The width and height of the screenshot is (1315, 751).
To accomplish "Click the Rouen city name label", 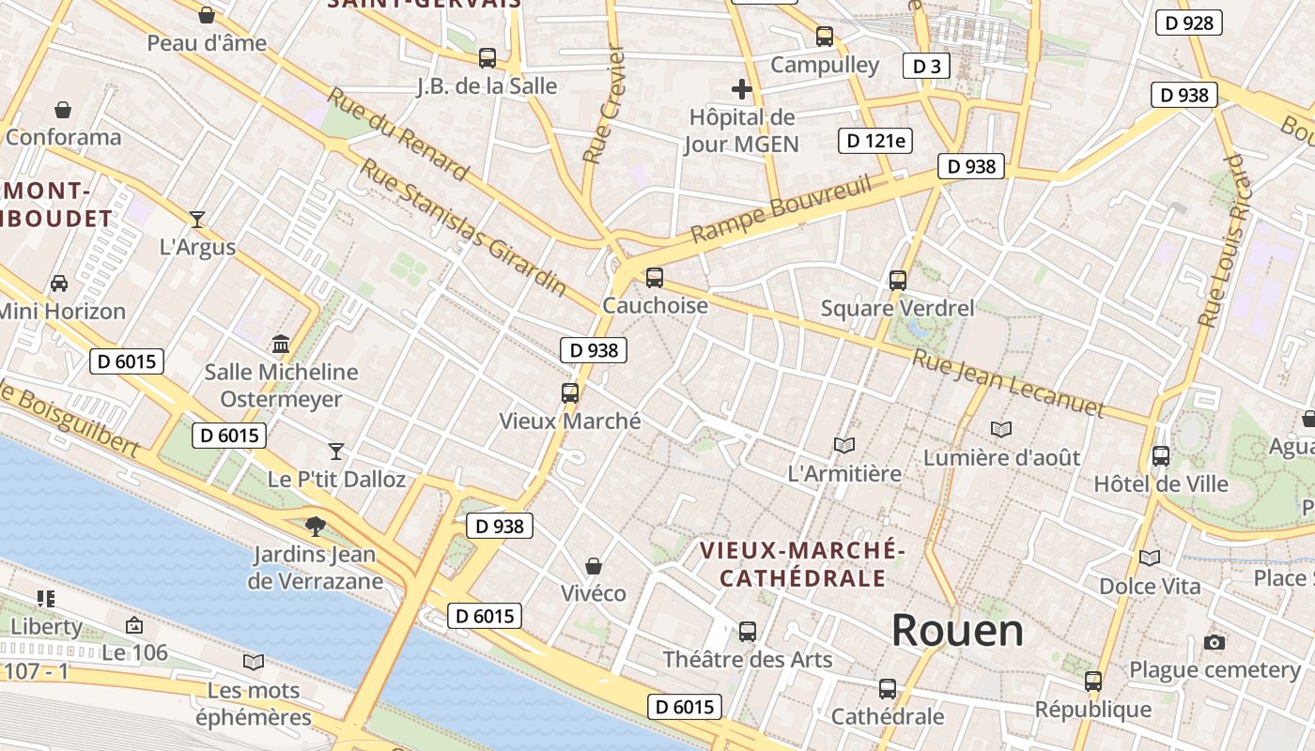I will [957, 630].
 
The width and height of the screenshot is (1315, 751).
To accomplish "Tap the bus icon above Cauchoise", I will [655, 278].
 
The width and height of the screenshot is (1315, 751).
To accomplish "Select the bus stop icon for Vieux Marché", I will [570, 393].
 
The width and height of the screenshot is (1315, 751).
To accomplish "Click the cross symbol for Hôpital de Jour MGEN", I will [742, 90].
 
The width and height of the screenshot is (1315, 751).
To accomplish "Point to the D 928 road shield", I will [1188, 23].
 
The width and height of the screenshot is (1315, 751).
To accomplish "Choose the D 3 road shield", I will [926, 66].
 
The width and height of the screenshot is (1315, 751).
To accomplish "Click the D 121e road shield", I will [875, 141].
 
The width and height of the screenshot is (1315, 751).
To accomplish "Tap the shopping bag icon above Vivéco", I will [594, 566].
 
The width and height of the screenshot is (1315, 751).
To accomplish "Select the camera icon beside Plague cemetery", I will [1214, 643].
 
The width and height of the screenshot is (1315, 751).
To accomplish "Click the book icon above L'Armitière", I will [844, 446].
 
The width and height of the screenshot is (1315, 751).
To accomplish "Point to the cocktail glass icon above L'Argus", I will [196, 220].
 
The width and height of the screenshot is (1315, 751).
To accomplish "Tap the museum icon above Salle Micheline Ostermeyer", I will [280, 344].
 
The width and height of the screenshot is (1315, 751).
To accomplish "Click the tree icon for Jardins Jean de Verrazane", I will [316, 526].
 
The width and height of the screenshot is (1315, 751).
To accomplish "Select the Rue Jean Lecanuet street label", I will [1008, 383].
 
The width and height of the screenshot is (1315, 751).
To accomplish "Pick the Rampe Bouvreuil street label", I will [781, 207].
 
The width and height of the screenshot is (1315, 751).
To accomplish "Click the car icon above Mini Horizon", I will [58, 283].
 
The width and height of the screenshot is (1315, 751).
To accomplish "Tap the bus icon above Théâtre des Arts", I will [748, 632].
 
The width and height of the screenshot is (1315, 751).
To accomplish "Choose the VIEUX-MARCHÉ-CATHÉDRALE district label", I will [802, 563].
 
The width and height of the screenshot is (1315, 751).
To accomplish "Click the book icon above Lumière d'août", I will [1001, 429].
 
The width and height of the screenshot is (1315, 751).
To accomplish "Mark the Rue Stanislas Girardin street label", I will [464, 226].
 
